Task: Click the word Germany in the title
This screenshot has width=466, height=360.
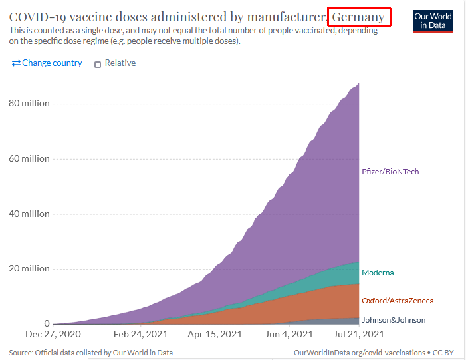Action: click(358, 17)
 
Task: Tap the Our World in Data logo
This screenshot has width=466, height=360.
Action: click(433, 21)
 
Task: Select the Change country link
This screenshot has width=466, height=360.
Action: click(47, 63)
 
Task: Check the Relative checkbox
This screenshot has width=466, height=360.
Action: click(98, 64)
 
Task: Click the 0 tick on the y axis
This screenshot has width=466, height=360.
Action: click(47, 323)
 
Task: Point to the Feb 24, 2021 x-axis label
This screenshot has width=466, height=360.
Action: click(142, 335)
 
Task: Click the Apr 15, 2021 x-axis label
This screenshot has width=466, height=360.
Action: click(215, 335)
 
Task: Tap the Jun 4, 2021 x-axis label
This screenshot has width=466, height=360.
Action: click(289, 335)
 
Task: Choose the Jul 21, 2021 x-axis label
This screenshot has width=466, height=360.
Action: click(358, 335)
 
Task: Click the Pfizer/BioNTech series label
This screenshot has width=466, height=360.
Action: click(390, 172)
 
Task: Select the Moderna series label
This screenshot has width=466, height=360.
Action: click(378, 273)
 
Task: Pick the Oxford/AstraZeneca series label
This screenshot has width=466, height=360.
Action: click(398, 301)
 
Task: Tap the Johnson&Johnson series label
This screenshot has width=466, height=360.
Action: click(394, 320)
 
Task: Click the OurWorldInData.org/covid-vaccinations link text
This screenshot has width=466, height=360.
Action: click(359, 351)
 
